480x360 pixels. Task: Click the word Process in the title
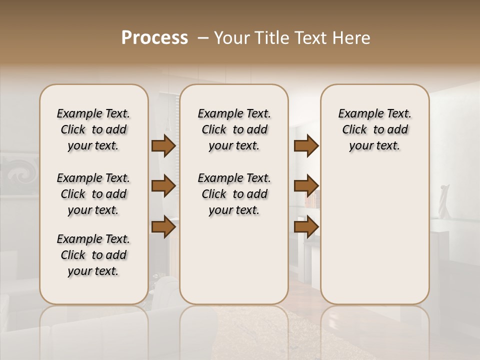[154, 38]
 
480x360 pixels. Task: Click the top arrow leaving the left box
[163, 146]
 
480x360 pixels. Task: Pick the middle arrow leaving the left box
[163, 186]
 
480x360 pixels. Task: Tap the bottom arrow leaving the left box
[163, 227]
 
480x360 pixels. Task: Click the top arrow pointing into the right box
[306, 146]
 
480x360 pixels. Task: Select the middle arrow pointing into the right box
[306, 186]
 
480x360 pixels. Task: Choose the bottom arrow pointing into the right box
[306, 227]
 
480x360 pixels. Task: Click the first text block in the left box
[93, 129]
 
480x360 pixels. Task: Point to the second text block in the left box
[93, 194]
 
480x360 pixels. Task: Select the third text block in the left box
[93, 255]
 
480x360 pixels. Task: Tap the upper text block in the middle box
[234, 129]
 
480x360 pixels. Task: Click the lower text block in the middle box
[234, 194]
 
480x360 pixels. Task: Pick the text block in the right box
[374, 129]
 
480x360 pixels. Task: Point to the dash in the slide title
[203, 38]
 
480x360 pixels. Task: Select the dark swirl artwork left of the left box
[20, 172]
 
